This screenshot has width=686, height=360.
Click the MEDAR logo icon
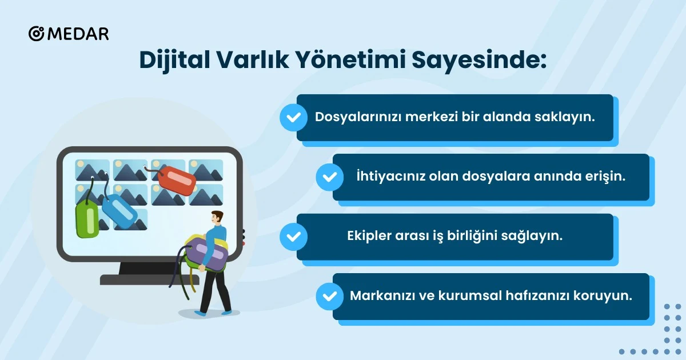[x=36, y=34]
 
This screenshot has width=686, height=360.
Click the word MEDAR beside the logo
[x=78, y=34]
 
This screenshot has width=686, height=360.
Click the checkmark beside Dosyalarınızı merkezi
[x=293, y=118]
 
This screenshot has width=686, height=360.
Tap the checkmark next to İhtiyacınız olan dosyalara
[x=329, y=177]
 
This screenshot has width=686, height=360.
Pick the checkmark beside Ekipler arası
[x=293, y=237]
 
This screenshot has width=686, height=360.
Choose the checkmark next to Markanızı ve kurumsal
[x=329, y=297]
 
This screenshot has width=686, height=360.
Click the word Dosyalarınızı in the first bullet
[x=358, y=117]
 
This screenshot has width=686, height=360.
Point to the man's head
[x=217, y=218]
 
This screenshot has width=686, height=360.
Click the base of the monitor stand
[x=149, y=279]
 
